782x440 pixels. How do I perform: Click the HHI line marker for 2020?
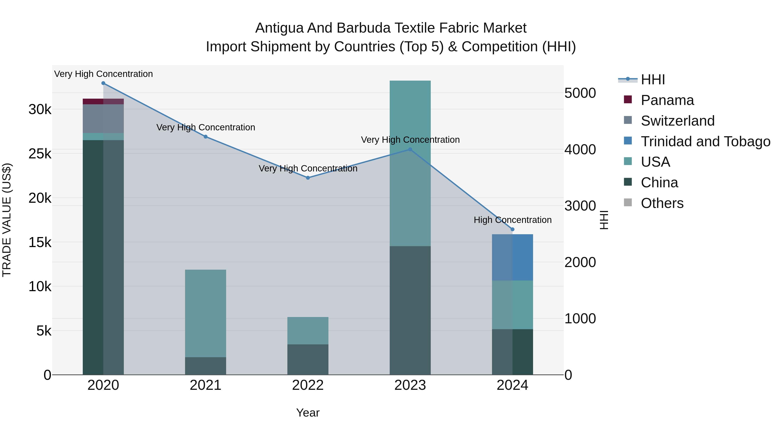click(103, 83)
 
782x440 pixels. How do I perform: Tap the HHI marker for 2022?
click(308, 178)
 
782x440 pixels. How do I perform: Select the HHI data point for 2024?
click(512, 230)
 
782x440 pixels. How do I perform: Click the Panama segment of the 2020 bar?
click(103, 101)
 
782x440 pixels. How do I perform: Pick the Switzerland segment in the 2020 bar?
click(103, 119)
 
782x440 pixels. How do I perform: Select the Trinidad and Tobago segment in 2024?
click(512, 257)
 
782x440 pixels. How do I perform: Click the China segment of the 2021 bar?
click(205, 366)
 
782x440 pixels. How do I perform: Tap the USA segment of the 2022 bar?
click(308, 331)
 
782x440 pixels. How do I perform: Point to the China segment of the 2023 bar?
click(410, 310)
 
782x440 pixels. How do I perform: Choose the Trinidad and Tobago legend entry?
click(705, 141)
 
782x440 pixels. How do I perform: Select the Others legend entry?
click(662, 203)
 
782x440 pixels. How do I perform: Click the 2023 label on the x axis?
click(410, 385)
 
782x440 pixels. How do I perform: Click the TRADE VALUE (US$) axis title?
click(7, 220)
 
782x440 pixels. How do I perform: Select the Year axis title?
click(308, 413)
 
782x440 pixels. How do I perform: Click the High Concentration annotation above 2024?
click(512, 220)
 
